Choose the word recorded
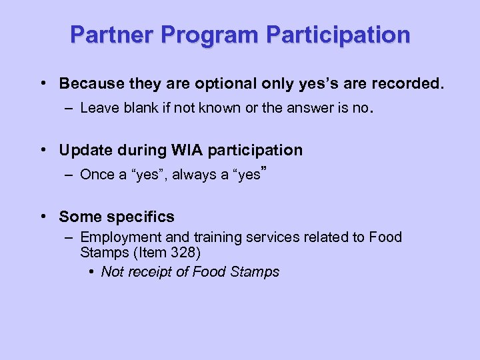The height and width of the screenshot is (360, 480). (408, 84)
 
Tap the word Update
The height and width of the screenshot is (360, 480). (83, 151)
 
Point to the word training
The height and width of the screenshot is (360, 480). (217, 237)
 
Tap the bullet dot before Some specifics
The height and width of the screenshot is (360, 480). (43, 216)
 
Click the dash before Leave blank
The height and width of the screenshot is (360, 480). (69, 108)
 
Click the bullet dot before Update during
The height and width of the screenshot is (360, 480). (43, 150)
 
